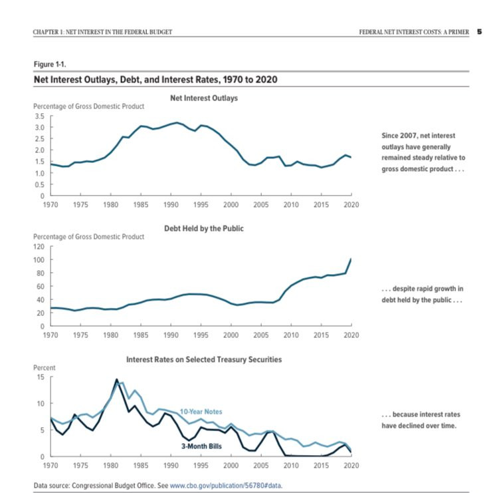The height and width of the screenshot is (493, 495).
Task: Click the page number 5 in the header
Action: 480,32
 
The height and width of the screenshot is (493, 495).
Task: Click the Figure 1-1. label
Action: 50,65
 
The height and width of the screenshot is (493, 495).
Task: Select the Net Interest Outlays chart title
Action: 204,98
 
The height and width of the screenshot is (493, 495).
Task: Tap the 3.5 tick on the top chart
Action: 40,116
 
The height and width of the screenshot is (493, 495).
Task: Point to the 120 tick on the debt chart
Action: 39,246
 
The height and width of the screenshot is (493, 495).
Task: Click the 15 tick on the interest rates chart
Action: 41,377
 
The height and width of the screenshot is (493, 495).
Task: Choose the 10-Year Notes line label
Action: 201,411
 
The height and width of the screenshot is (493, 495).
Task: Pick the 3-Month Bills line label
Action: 201,446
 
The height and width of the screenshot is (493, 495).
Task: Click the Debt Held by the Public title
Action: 204,228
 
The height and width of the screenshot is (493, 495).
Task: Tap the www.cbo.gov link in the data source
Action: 226,486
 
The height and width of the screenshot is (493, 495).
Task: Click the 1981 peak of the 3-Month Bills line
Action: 116,379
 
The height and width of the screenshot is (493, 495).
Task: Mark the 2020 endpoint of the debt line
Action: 351,259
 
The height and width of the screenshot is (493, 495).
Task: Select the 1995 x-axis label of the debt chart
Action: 201,335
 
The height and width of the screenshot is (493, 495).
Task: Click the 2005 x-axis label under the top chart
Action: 261,205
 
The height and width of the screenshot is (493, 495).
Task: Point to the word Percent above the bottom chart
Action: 45,368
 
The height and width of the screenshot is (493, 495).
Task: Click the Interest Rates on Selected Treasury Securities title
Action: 204,360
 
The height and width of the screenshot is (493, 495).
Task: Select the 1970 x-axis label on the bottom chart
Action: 50,466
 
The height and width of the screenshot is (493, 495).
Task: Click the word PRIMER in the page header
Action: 458,32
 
